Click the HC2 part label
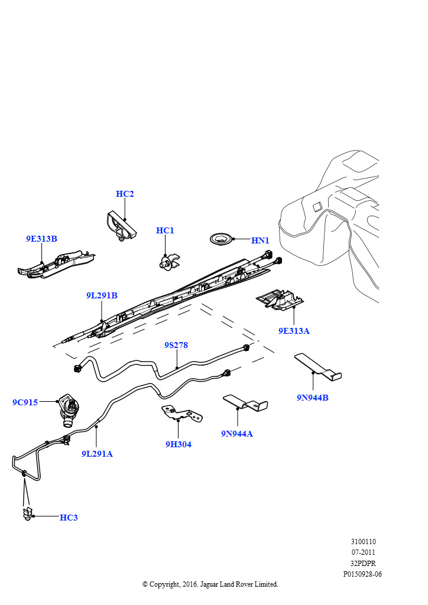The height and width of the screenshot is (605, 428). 125,194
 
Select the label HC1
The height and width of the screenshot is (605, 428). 165,230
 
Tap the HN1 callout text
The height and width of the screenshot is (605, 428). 260,240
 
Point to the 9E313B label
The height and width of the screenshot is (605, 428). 41,239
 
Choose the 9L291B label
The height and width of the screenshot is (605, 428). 102,295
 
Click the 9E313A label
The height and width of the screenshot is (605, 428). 294,331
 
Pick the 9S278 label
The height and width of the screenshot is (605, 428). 176,345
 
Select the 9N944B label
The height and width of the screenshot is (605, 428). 312,398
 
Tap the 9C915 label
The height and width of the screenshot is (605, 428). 25,402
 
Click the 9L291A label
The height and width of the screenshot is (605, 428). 97,454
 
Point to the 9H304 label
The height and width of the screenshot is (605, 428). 178,444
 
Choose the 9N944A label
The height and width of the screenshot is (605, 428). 237,434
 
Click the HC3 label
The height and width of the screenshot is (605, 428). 69,518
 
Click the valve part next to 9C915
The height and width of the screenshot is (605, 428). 67,409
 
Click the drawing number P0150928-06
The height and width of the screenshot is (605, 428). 362,574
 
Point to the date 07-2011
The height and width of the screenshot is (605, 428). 363,552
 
